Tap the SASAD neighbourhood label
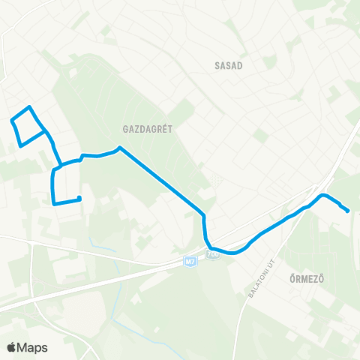pos(227,65)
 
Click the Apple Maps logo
pos(27,347)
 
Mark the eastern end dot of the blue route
pos(348,211)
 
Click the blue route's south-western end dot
pos(79,198)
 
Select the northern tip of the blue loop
pos(29,106)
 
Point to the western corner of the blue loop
pos(11,120)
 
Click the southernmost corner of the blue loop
pos(19,144)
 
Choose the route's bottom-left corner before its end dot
pos(53,202)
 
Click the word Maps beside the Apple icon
pos(33,347)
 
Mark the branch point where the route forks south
pos(60,163)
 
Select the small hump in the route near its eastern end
pos(323,196)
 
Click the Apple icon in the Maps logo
pos(11,347)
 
